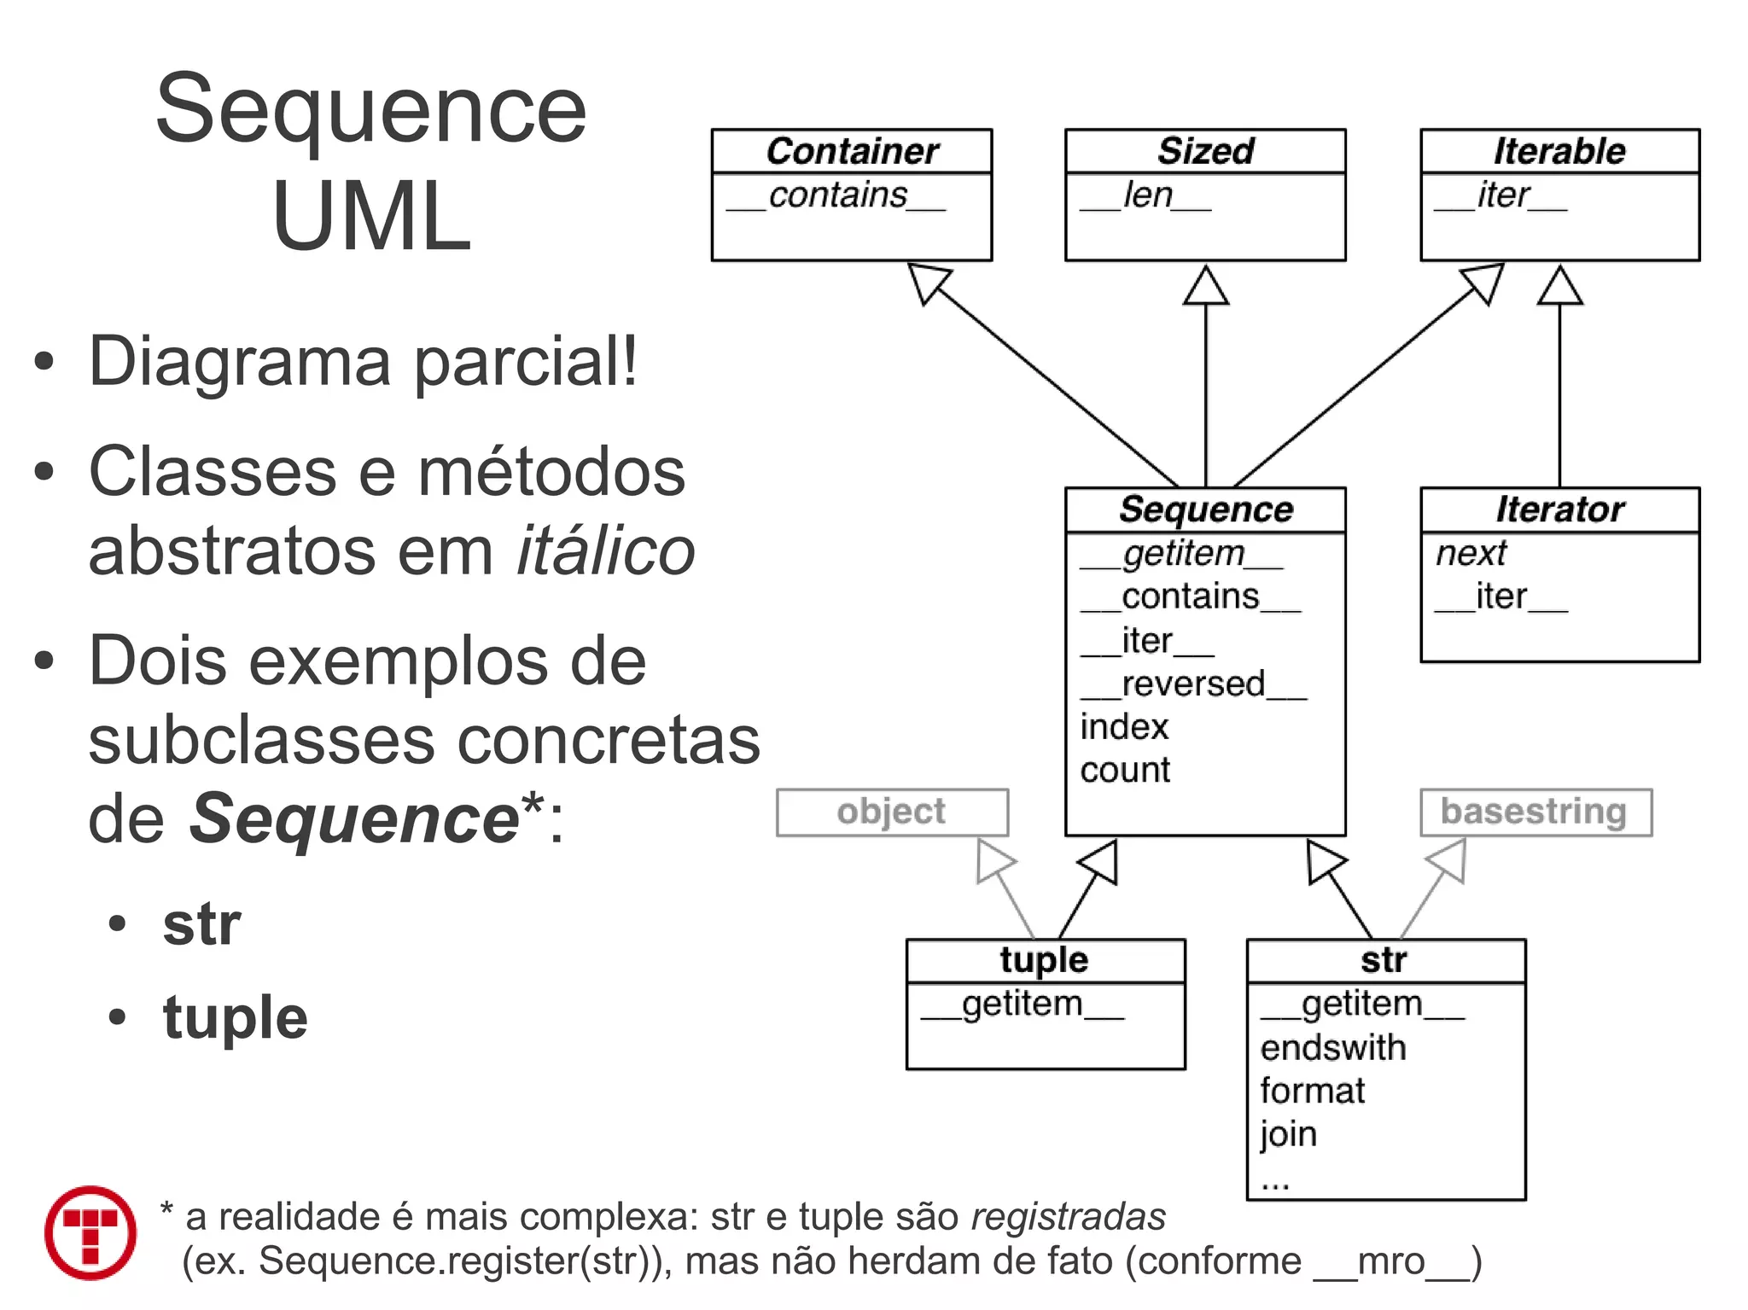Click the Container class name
click(852, 151)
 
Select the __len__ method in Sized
click(1145, 195)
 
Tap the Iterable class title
click(1559, 151)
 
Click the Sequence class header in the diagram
click(1205, 509)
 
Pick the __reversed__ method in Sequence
click(1193, 684)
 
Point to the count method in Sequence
click(1125, 770)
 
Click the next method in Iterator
click(1471, 553)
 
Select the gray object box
click(891, 812)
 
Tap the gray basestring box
click(1535, 812)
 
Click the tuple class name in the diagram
click(1044, 960)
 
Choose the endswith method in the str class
click(1333, 1047)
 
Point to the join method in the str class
click(1289, 1134)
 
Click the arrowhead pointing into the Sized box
click(1205, 286)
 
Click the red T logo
click(90, 1232)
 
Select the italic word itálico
click(606, 551)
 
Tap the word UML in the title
click(371, 217)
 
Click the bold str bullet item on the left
click(202, 923)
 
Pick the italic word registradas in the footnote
click(1068, 1217)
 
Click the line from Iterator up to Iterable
click(1559, 393)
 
